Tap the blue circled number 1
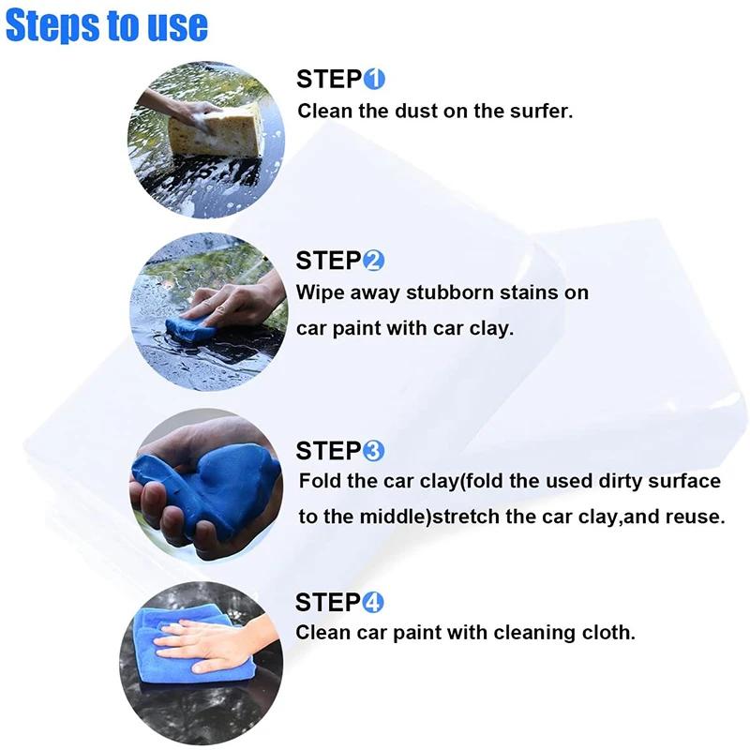[x=374, y=79]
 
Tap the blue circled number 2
[x=373, y=261]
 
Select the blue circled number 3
[x=373, y=451]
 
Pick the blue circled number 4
[x=373, y=602]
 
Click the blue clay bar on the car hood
[x=191, y=327]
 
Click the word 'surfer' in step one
[x=538, y=111]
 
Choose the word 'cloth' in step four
[x=607, y=633]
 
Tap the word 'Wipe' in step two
[x=318, y=292]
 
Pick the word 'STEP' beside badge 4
[x=327, y=602]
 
